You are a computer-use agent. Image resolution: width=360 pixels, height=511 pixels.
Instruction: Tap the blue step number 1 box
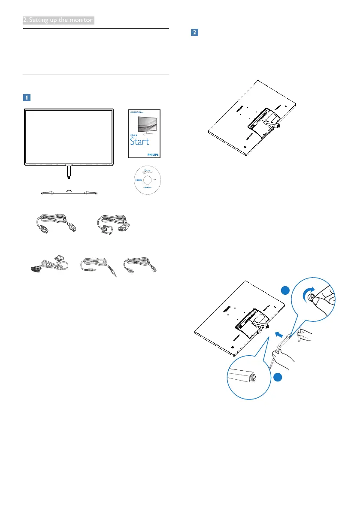coord(27,97)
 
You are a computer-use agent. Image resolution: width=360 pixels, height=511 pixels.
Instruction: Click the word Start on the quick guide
coord(140,141)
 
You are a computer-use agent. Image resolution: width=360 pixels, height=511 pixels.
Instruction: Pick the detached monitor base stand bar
coord(69,192)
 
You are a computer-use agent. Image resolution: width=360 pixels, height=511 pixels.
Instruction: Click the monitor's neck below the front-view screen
coord(69,172)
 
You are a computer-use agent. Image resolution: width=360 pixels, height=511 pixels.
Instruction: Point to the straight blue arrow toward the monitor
coord(279,332)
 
